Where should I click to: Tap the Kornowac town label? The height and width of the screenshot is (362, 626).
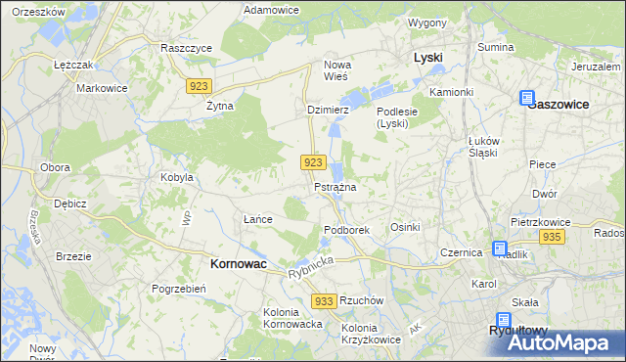(x=240, y=264)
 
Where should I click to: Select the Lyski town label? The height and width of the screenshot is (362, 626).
(x=427, y=58)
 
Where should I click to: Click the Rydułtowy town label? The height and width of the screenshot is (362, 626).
(x=521, y=332)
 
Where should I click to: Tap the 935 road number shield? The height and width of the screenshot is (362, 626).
(x=552, y=238)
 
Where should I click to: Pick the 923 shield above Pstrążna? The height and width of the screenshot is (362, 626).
(x=313, y=161)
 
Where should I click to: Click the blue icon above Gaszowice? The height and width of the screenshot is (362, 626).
(x=527, y=99)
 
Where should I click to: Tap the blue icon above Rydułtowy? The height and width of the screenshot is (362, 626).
(x=503, y=319)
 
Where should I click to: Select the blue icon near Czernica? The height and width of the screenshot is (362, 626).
(x=500, y=249)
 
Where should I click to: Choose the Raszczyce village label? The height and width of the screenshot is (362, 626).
(x=186, y=47)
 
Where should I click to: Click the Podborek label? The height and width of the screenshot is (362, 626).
(x=346, y=230)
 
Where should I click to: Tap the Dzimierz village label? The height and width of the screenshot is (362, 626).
(x=328, y=111)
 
